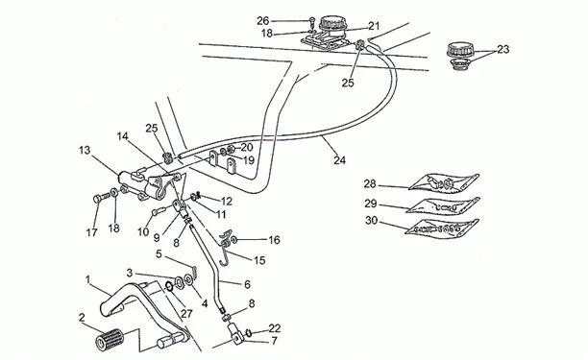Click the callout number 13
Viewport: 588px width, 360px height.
coord(85,150)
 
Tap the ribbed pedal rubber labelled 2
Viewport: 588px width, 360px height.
coord(110,339)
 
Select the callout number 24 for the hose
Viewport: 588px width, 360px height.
coord(340,160)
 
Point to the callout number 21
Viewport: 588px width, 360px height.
coord(374,26)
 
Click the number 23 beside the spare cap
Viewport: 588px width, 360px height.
coord(503,49)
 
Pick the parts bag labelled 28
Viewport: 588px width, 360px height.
coord(444,183)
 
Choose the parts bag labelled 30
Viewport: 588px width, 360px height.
coord(443,227)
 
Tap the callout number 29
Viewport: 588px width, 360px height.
coord(371,204)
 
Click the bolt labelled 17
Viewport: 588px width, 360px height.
coord(101,198)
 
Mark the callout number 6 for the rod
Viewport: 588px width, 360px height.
coord(247,284)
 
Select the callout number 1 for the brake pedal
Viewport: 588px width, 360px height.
coord(87,279)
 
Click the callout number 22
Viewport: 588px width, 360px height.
coord(275,328)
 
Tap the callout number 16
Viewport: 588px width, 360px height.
coord(274,240)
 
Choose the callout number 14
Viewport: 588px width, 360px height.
coord(123,136)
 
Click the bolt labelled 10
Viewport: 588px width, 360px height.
coord(159,211)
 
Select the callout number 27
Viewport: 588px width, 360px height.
coord(186,314)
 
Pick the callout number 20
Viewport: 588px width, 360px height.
coord(247,147)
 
